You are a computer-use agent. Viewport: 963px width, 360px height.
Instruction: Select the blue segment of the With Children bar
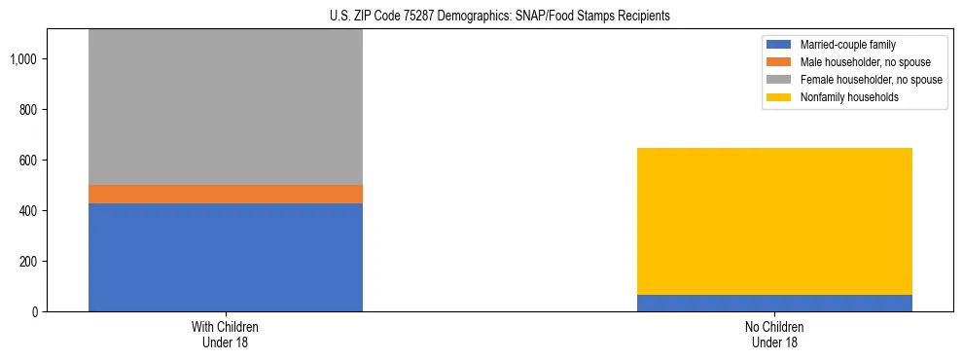coord(226,257)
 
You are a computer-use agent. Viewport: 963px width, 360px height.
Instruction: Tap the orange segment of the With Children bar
coord(226,194)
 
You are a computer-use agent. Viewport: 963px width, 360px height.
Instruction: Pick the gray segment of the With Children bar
coord(226,107)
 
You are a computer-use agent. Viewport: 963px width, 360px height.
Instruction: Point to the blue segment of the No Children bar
coord(774,303)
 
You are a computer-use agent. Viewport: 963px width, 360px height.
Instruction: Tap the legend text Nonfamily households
coord(842,97)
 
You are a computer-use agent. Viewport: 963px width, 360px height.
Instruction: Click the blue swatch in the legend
coord(778,45)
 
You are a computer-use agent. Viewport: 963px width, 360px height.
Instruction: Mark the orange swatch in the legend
coord(778,62)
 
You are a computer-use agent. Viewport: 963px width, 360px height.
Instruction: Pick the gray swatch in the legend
coord(778,80)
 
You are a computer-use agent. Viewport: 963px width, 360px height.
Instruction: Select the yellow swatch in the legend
coord(778,97)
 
